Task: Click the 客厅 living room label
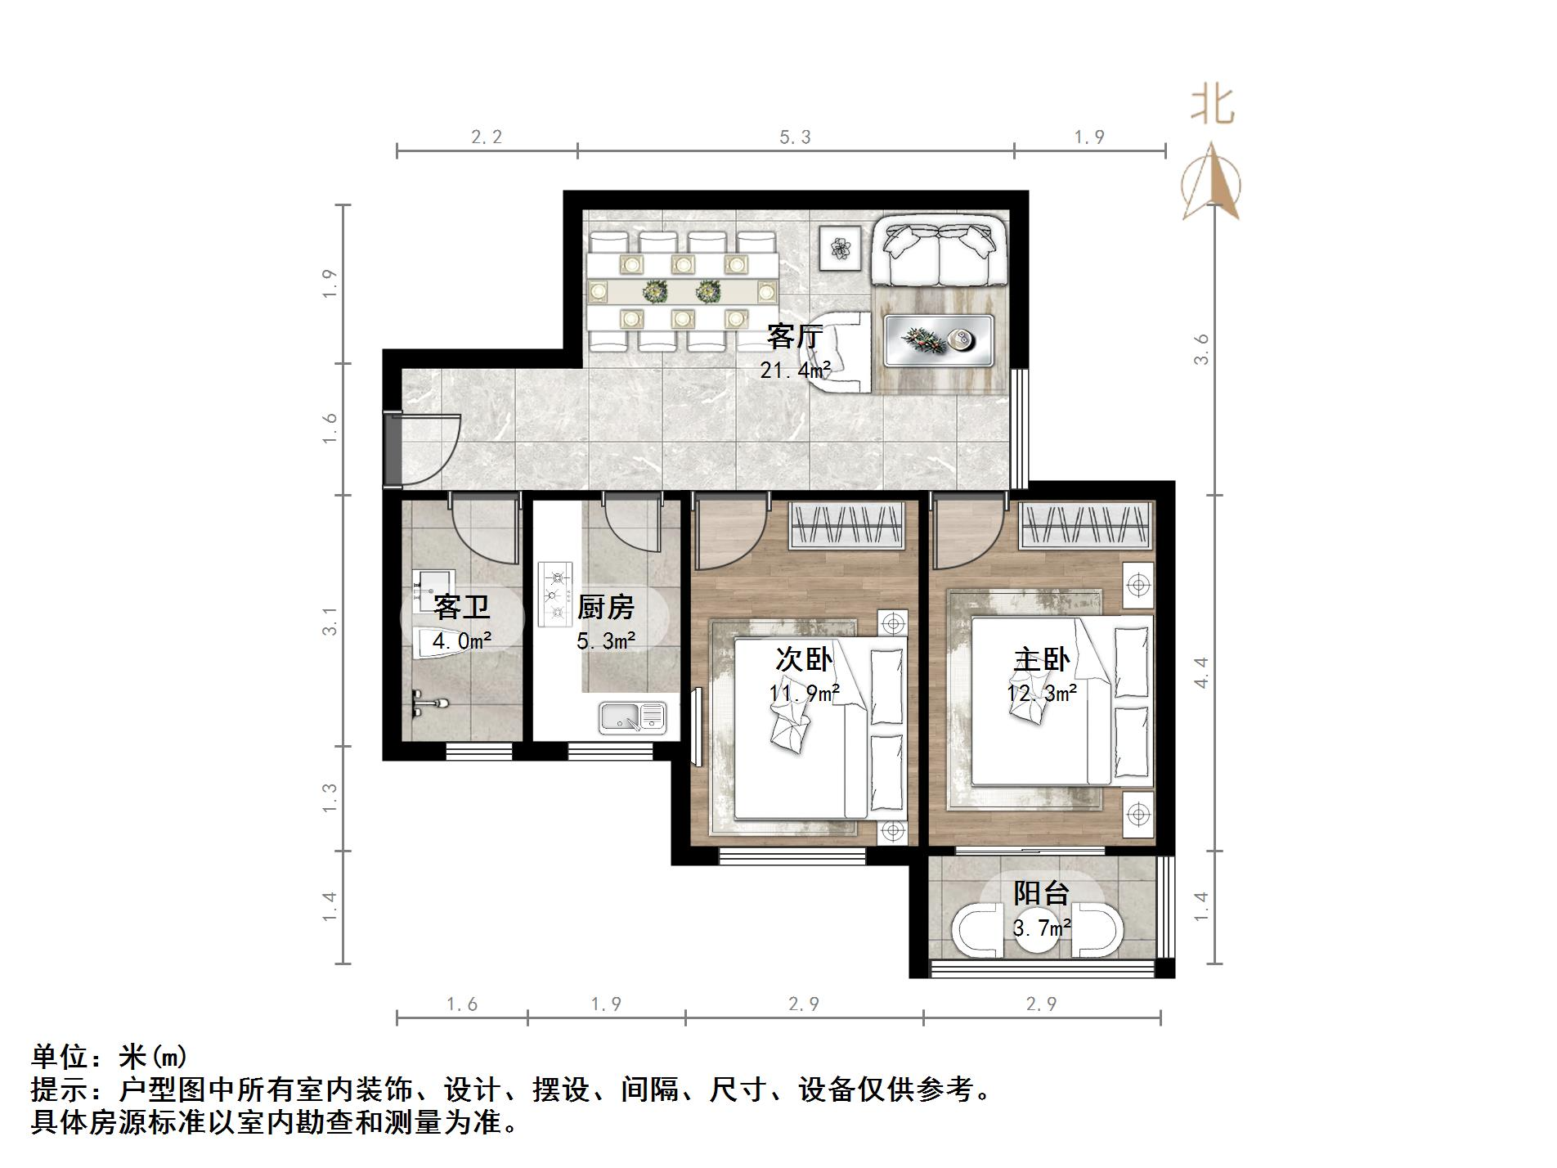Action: pyautogui.click(x=794, y=336)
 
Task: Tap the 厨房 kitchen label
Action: pyautogui.click(x=605, y=608)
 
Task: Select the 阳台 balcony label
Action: pyautogui.click(x=1041, y=892)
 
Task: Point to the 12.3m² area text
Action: pyautogui.click(x=1041, y=694)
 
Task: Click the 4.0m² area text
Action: pyautogui.click(x=461, y=641)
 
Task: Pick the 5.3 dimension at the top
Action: pyautogui.click(x=795, y=137)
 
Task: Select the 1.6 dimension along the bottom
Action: pyautogui.click(x=462, y=1004)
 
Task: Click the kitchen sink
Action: pyautogui.click(x=632, y=717)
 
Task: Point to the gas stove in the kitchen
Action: pyautogui.click(x=555, y=594)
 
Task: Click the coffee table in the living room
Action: pyautogui.click(x=940, y=340)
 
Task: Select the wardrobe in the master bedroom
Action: pyautogui.click(x=1087, y=524)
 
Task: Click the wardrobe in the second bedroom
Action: pyautogui.click(x=847, y=525)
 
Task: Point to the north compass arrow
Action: pyautogui.click(x=1212, y=182)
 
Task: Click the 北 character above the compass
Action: pyautogui.click(x=1212, y=106)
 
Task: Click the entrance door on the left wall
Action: pyautogui.click(x=393, y=449)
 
